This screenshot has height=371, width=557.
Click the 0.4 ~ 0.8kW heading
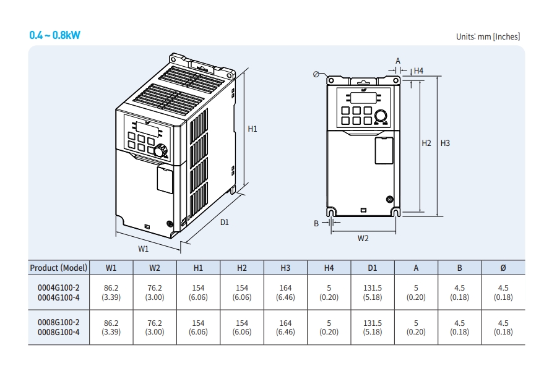(x=55, y=35)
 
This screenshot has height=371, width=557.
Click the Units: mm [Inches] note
(x=488, y=36)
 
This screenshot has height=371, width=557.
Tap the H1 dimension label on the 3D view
(x=253, y=129)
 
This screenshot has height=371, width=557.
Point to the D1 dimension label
(x=225, y=222)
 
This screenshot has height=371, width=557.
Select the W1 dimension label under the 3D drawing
(x=143, y=249)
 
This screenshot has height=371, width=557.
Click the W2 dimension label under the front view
(x=363, y=238)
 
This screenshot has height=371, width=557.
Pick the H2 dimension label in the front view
(x=426, y=143)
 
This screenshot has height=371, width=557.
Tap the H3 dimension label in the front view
(x=445, y=143)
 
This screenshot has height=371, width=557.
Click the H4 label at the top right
(x=418, y=70)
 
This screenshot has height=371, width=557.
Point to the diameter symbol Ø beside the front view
(x=316, y=74)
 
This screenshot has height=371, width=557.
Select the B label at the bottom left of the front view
(x=316, y=223)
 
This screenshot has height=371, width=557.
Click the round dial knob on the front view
(x=381, y=116)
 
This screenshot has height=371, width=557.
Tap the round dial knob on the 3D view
(x=161, y=150)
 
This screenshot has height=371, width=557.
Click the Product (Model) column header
(x=59, y=268)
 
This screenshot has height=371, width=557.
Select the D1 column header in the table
(x=373, y=268)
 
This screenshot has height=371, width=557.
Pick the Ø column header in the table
(x=503, y=268)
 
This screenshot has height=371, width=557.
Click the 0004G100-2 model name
(x=59, y=288)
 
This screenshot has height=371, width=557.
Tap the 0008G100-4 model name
(x=59, y=332)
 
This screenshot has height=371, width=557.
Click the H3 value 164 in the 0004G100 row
(x=285, y=288)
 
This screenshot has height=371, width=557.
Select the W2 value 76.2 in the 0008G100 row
(x=155, y=323)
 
